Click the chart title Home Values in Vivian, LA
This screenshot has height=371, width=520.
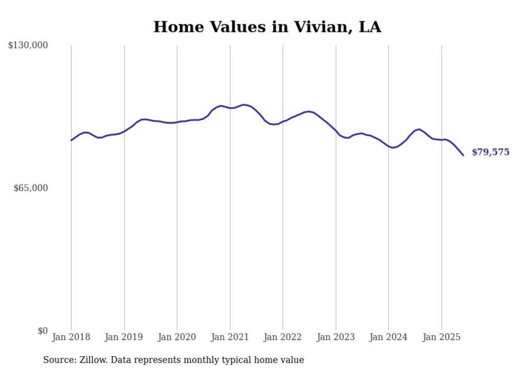pyautogui.click(x=267, y=27)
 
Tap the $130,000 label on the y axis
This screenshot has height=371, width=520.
pyautogui.click(x=28, y=46)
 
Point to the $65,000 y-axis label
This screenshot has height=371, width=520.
pyautogui.click(x=31, y=188)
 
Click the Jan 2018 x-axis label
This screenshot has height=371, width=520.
pyautogui.click(x=71, y=337)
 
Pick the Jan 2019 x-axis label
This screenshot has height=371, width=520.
pyautogui.click(x=124, y=337)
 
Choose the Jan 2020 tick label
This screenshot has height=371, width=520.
pyautogui.click(x=177, y=337)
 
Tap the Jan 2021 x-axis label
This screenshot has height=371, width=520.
pyautogui.click(x=230, y=337)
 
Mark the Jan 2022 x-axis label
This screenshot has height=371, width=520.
pyautogui.click(x=283, y=337)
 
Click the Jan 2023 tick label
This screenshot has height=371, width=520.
pyautogui.click(x=335, y=337)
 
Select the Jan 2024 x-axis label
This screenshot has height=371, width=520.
pyautogui.click(x=388, y=337)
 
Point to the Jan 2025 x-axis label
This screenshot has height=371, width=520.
pyautogui.click(x=441, y=337)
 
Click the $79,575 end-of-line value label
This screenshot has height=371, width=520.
pyautogui.click(x=490, y=152)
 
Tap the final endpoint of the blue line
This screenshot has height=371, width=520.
pyautogui.click(x=463, y=155)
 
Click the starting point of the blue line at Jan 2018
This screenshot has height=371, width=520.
pyautogui.click(x=71, y=140)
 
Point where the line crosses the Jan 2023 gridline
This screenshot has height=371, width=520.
pyautogui.click(x=335, y=130)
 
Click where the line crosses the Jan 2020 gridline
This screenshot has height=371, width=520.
pyautogui.click(x=177, y=122)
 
